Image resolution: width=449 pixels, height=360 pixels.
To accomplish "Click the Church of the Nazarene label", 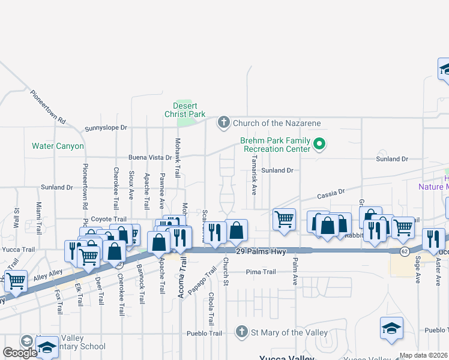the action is point(277,123).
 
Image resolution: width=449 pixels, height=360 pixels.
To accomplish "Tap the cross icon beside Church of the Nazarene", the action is point(223,123).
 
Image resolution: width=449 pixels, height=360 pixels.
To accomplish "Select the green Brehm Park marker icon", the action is point(319,144).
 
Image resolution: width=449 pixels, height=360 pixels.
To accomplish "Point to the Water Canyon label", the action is point(58,146).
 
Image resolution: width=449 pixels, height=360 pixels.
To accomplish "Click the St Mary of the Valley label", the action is point(289,332).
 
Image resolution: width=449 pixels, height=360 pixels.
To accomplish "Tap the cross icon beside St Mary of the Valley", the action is point(241,332).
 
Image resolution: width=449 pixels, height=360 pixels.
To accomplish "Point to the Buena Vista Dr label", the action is point(150,158).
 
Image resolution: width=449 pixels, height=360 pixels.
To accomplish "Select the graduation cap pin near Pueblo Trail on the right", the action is point(391,328).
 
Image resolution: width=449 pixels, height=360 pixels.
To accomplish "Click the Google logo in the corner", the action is point(20,353).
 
